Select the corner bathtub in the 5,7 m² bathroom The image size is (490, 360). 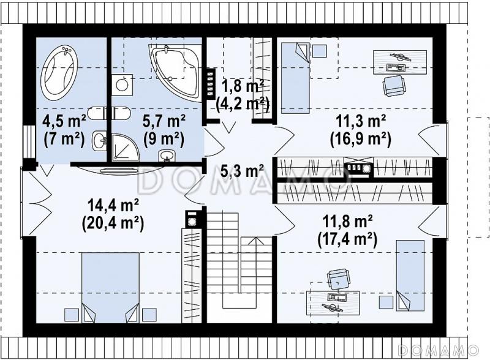click(176, 71)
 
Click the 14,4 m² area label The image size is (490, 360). click(113, 206)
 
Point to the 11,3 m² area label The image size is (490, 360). click(361, 121)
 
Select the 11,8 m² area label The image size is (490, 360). click(347, 221)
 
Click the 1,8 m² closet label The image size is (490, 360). click(243, 86)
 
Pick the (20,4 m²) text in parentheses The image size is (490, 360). click(113, 223)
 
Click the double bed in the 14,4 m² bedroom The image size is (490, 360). click(110, 288)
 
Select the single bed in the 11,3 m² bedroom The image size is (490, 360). click(295, 78)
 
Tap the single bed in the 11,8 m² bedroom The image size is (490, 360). click(410, 276)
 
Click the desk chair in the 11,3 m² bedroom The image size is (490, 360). click(394, 86)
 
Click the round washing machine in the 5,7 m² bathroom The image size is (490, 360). click(121, 84)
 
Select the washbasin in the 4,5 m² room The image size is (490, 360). click(100, 141)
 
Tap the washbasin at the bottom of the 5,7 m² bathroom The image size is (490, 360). click(167, 156)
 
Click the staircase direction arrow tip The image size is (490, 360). click(256, 238)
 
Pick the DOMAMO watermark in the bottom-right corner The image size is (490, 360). click(439, 350)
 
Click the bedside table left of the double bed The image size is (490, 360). click(72, 315)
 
